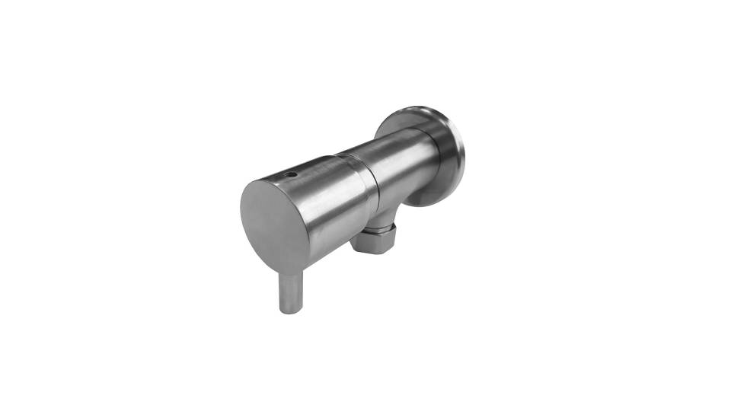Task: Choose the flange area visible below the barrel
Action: point(430,199)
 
